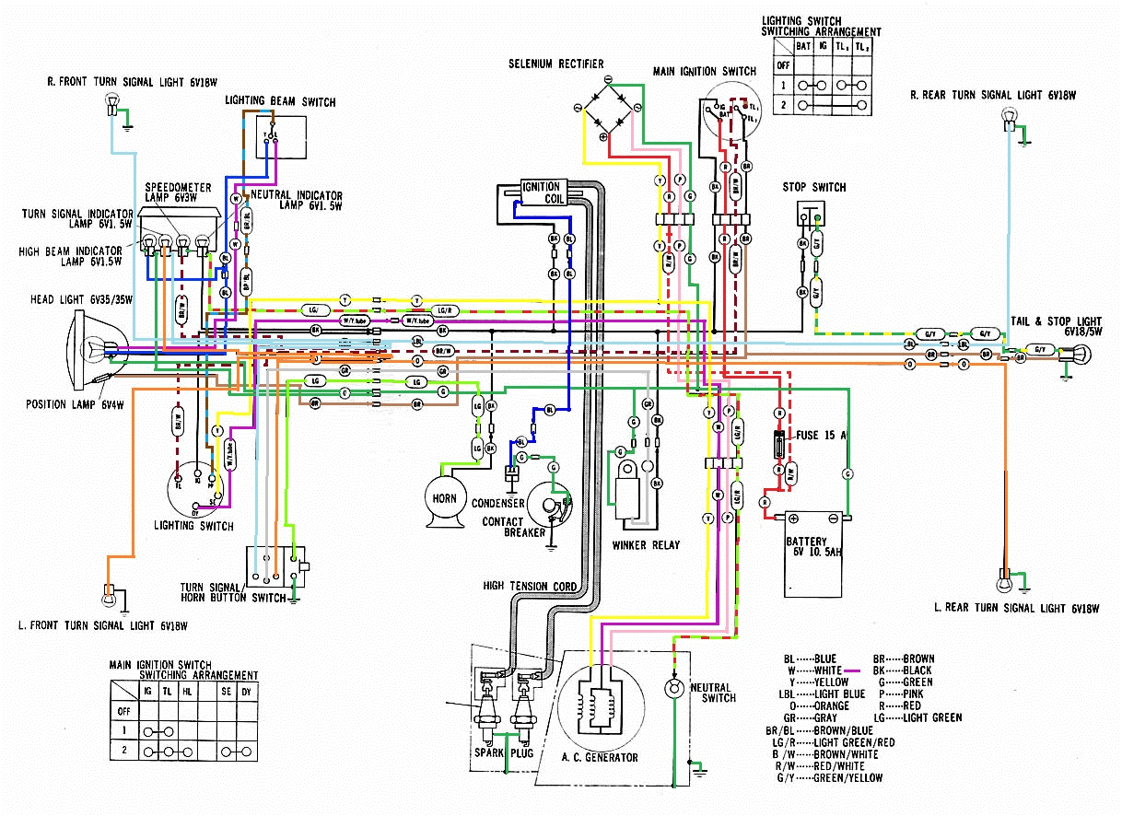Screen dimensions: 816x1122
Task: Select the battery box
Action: pyautogui.click(x=813, y=554)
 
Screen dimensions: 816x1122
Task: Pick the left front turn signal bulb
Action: pyautogui.click(x=110, y=593)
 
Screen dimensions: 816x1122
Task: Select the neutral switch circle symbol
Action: pyautogui.click(x=675, y=688)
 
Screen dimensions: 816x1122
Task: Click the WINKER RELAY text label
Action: pyautogui.click(x=646, y=545)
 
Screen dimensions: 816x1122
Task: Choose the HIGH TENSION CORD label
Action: pyautogui.click(x=530, y=586)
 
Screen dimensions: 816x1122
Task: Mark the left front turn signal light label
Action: pyautogui.click(x=103, y=626)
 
